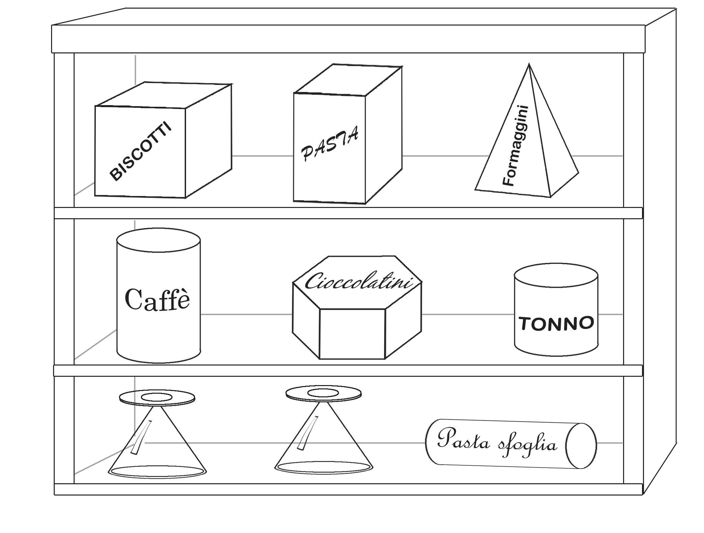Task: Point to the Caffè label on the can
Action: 158,299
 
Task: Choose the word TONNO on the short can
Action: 556,323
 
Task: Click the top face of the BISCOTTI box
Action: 162,95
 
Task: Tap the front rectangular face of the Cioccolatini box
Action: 352,333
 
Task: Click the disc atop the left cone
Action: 157,398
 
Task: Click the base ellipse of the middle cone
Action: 324,467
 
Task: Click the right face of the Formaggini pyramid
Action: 557,156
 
